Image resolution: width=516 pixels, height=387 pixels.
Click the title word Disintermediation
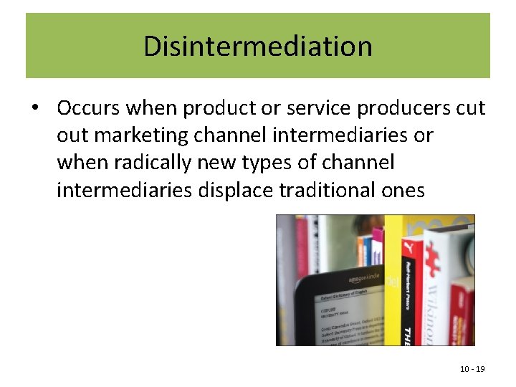[x=258, y=46]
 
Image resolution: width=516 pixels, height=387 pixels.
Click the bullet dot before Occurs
[x=34, y=109]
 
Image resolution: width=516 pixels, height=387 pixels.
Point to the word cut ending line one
[x=470, y=108]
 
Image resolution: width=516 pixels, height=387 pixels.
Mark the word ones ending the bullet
[x=403, y=190]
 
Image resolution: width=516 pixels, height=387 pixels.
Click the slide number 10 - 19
[x=472, y=368]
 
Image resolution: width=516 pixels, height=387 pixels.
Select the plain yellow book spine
[x=393, y=287]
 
